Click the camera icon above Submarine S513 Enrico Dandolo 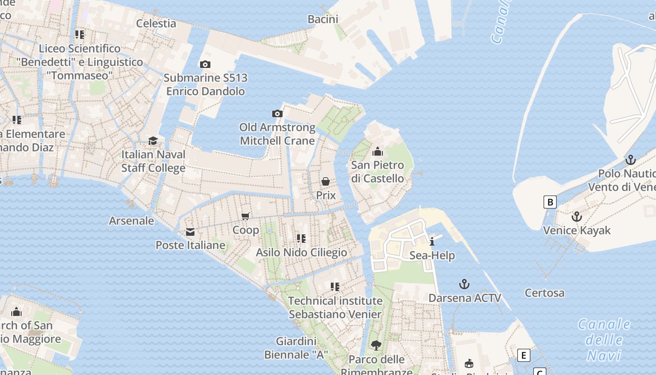[x=205, y=65]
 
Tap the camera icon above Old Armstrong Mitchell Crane [x=277, y=113]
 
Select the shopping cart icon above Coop [x=245, y=216]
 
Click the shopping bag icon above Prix [x=326, y=181]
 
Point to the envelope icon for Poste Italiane [x=190, y=232]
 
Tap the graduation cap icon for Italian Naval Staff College [x=153, y=141]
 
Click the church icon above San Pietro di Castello [x=377, y=151]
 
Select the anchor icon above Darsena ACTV [x=464, y=284]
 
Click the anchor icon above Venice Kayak [x=576, y=217]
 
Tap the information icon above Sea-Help [x=432, y=241]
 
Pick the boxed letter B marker [x=550, y=202]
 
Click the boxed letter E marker [x=523, y=355]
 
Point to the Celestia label [x=156, y=23]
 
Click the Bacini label [x=323, y=19]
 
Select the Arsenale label [x=131, y=220]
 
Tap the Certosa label [x=544, y=293]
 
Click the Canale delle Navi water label [x=604, y=340]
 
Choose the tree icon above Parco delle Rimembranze [x=376, y=346]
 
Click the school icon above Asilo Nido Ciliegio [x=301, y=239]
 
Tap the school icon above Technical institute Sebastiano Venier [x=335, y=286]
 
